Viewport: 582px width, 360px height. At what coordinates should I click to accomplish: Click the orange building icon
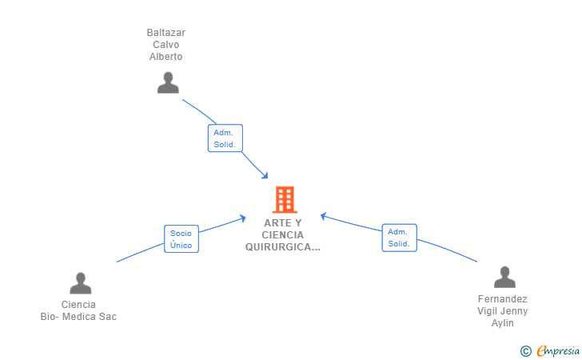[x=285, y=199]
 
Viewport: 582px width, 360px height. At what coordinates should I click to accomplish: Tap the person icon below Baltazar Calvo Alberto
[x=168, y=82]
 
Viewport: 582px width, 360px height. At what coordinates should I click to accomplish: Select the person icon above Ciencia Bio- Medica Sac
[x=81, y=283]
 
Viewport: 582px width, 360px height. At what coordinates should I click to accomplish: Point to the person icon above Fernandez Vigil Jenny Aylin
[x=504, y=277]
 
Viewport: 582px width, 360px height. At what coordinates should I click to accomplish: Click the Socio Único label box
[x=181, y=239]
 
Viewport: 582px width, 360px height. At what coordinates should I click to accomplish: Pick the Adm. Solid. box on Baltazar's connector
[x=225, y=138]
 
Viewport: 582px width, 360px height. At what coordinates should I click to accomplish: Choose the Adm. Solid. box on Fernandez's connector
[x=400, y=238]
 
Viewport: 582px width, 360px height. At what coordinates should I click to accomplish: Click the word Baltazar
[x=166, y=33]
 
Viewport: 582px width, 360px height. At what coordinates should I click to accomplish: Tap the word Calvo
[x=166, y=45]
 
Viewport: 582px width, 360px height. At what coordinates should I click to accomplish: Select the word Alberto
[x=166, y=57]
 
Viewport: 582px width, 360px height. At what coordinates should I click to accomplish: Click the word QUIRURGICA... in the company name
[x=283, y=247]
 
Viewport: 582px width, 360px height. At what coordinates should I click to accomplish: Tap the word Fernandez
[x=503, y=299]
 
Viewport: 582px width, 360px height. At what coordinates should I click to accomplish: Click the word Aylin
[x=503, y=323]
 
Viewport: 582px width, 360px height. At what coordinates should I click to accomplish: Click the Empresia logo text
[x=558, y=350]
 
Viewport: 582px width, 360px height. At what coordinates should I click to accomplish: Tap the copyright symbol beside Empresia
[x=525, y=351]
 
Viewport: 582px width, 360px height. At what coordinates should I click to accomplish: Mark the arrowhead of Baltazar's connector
[x=265, y=176]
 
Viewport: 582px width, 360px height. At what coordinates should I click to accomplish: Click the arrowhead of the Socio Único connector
[x=243, y=218]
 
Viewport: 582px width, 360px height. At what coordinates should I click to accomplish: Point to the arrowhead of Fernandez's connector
[x=324, y=216]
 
